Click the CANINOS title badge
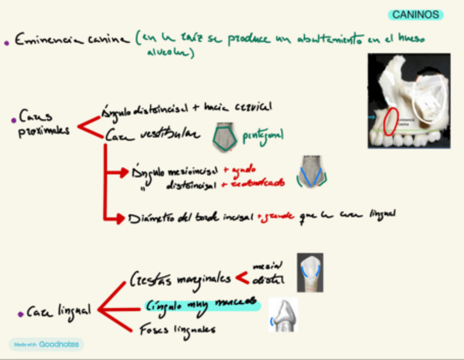[x=416, y=15]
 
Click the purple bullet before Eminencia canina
[x=7, y=42]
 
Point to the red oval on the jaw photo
[x=390, y=123]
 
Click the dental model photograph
[x=409, y=101]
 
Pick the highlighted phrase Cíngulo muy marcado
[x=202, y=305]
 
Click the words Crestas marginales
[x=180, y=280]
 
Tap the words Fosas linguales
[x=177, y=329]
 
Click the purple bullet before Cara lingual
[x=20, y=313]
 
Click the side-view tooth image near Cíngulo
[x=284, y=316]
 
